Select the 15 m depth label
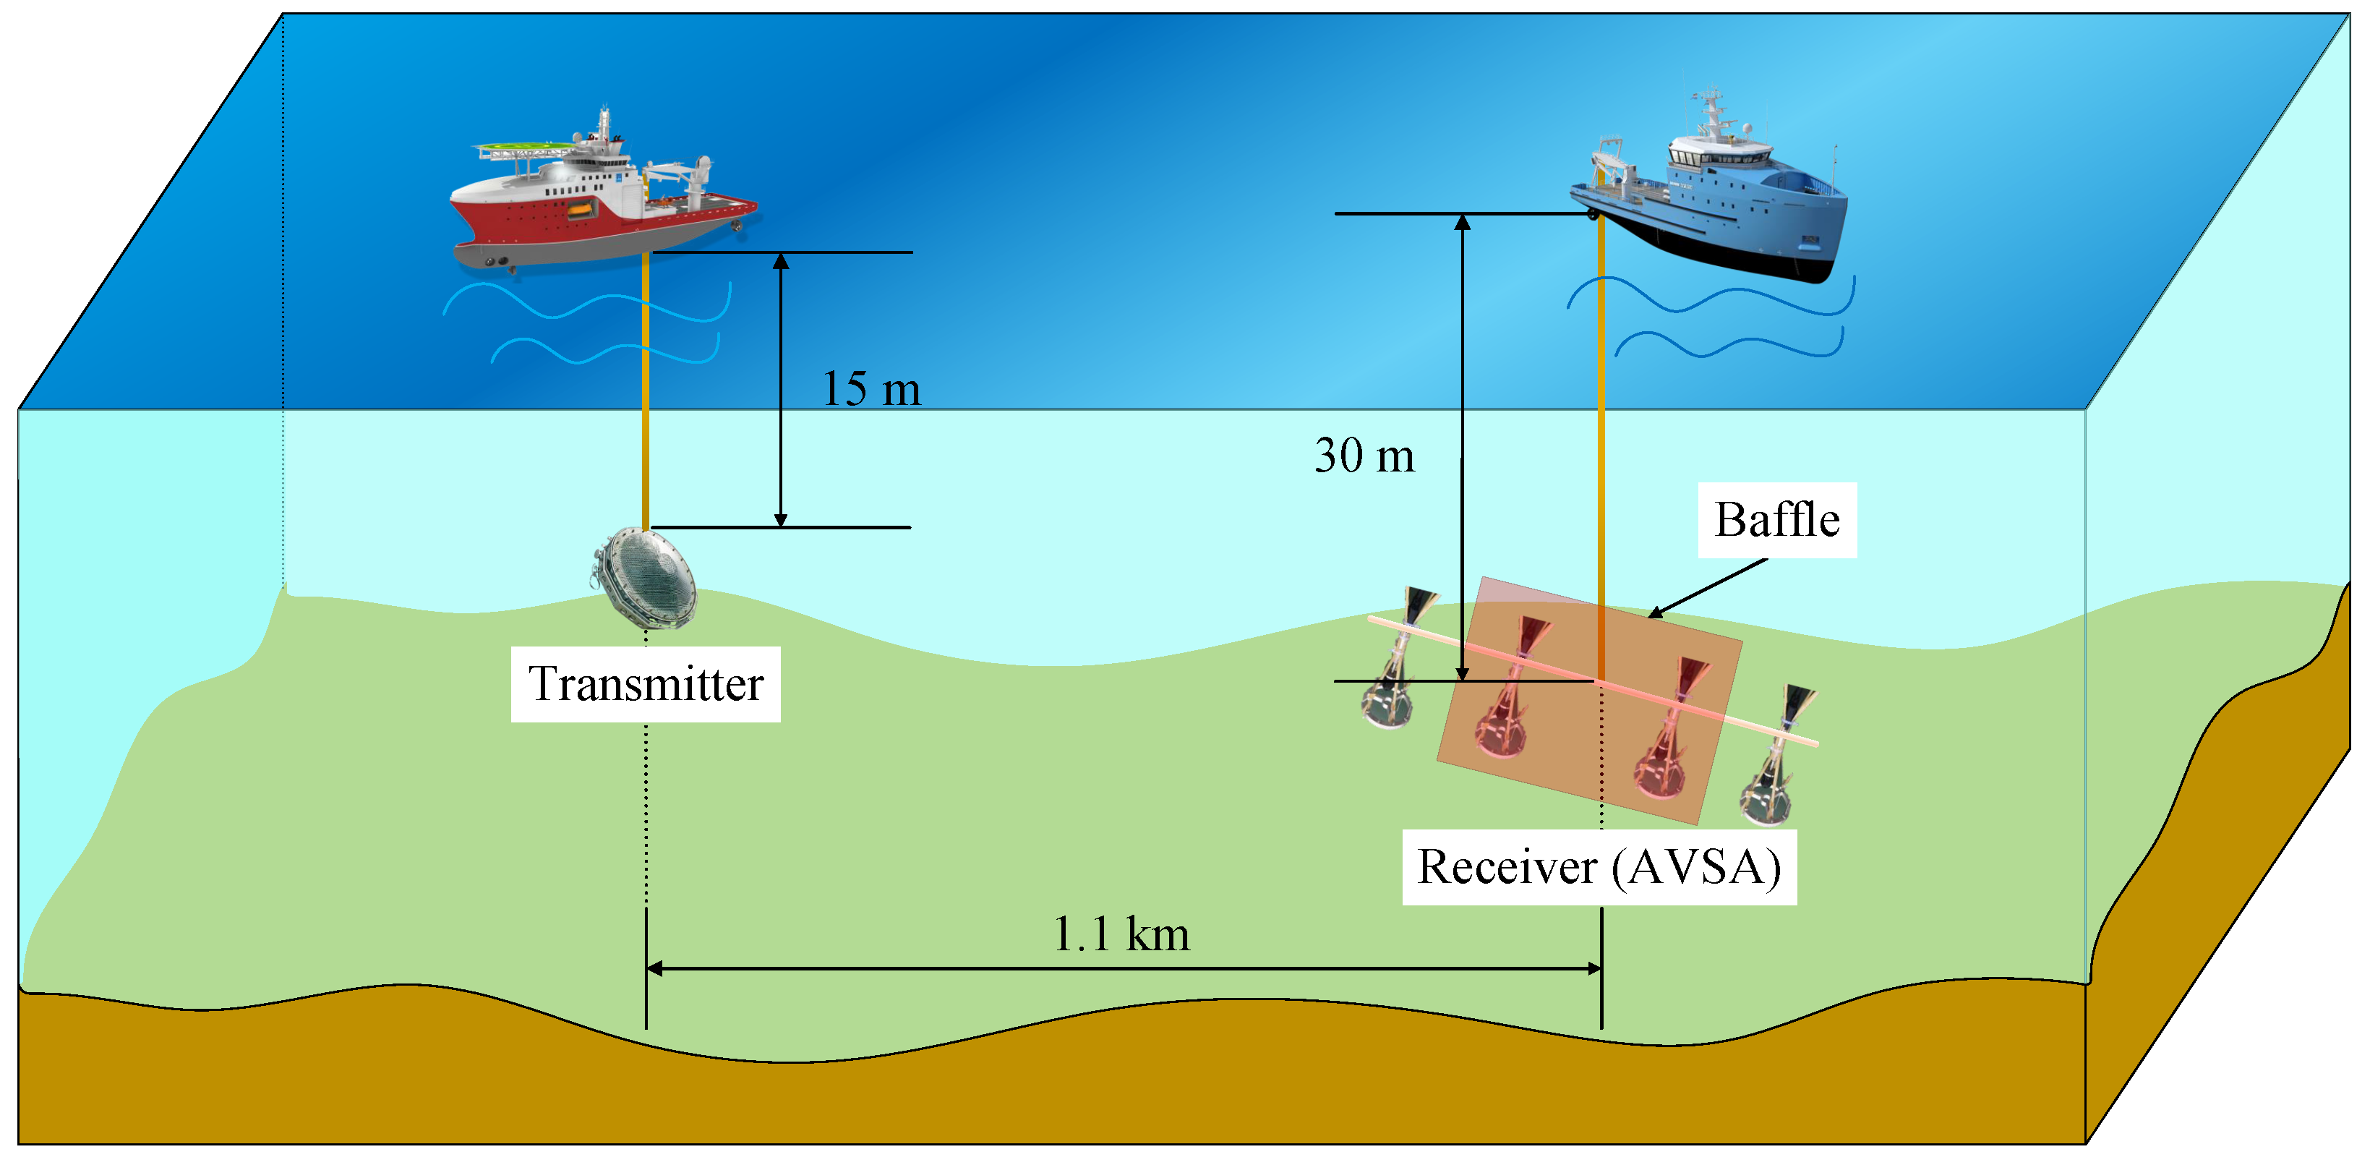pos(870,389)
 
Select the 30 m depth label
pos(1364,456)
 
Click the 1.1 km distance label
pos(1121,935)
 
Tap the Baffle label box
pos(1776,520)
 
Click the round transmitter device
pos(647,577)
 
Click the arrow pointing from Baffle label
pos(1707,588)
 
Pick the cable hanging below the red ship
pos(645,386)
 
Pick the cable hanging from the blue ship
pos(1601,414)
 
